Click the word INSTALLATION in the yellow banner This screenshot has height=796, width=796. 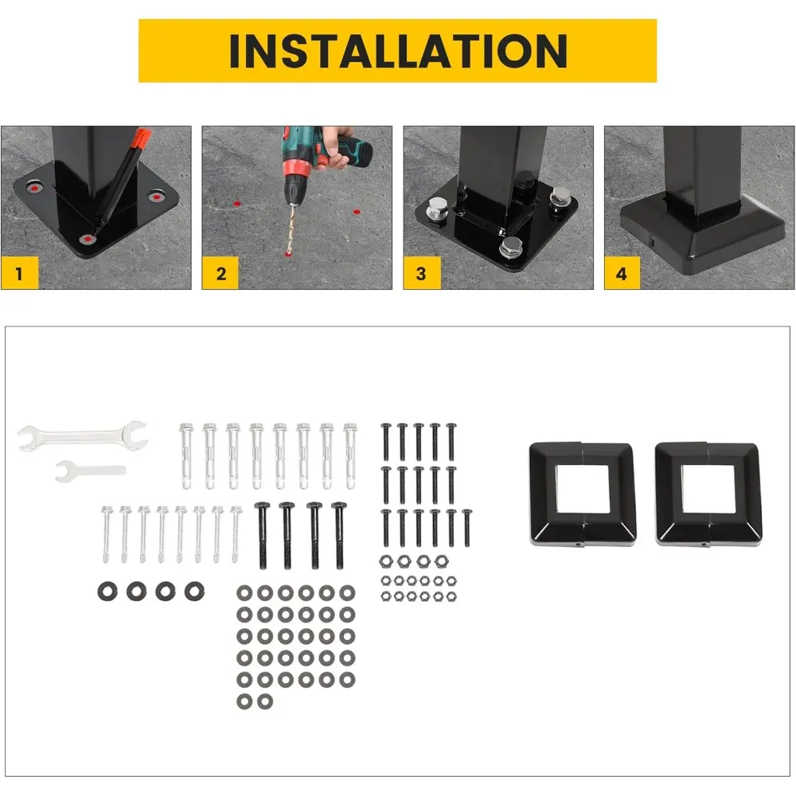tap(398, 51)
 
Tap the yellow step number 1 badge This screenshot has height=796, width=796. tap(19, 273)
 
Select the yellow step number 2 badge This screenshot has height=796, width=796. tap(220, 273)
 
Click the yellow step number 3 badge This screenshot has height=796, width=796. tap(421, 273)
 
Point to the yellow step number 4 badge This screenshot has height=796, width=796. tap(622, 273)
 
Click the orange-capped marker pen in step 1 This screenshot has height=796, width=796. tap(123, 177)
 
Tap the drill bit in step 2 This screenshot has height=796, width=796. tap(291, 228)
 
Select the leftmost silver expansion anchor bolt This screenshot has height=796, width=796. tap(186, 456)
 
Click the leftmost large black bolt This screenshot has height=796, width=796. tap(262, 536)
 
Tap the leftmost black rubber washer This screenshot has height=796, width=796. tap(107, 591)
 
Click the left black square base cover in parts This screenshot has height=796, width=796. tap(583, 494)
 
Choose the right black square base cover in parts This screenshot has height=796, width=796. tap(708, 494)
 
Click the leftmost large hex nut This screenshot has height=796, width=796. tap(386, 561)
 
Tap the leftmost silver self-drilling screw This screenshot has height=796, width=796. tap(107, 534)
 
